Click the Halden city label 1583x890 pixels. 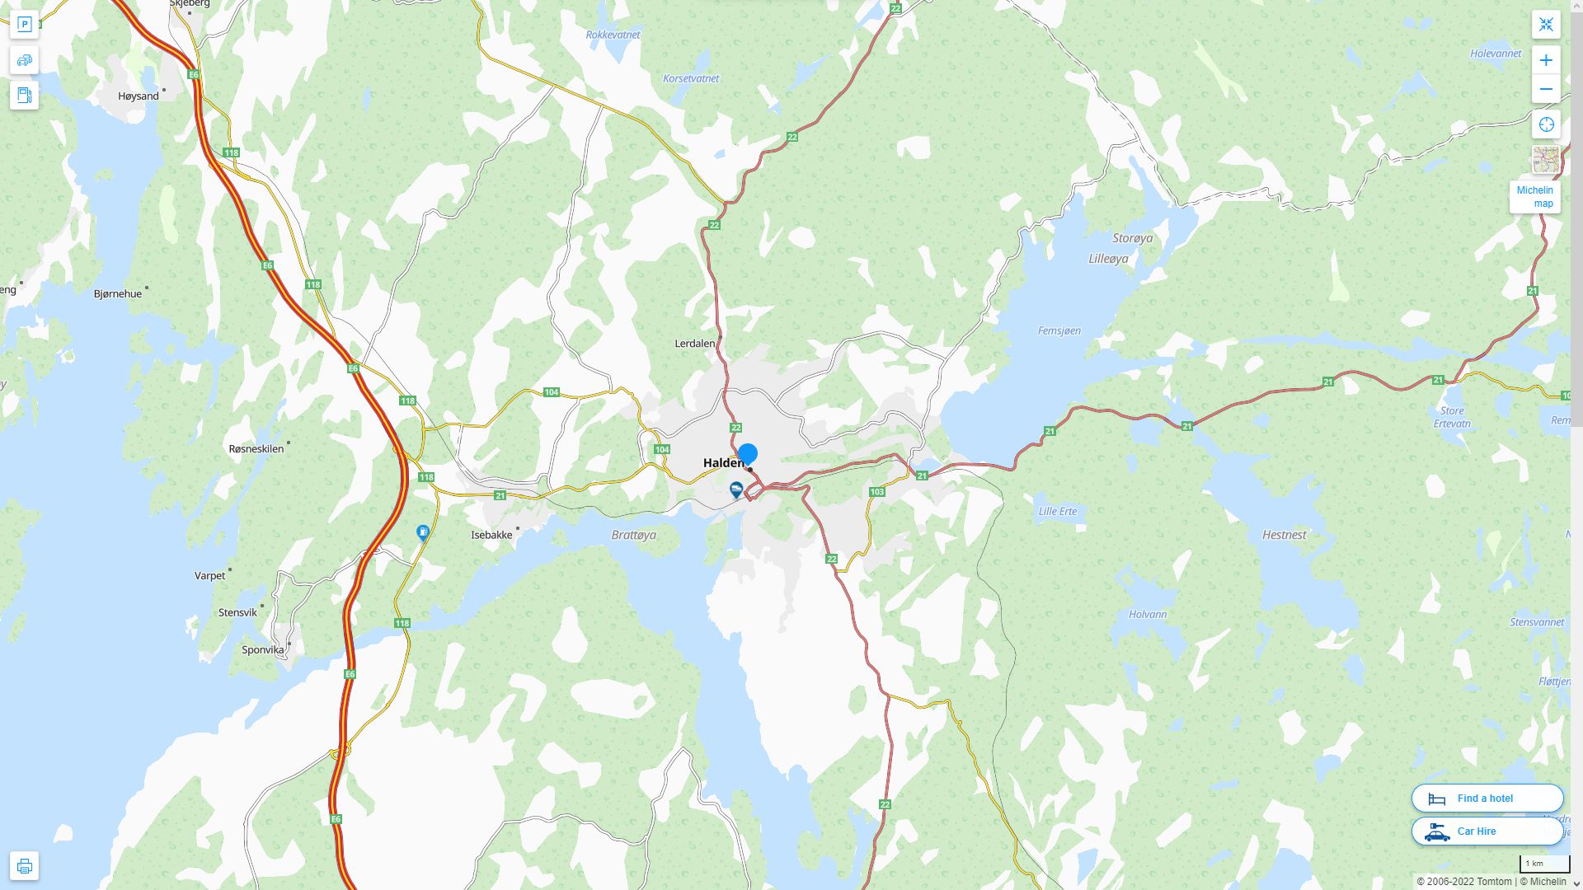click(x=723, y=463)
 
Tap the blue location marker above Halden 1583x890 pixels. click(x=748, y=454)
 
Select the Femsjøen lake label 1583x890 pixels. click(x=1059, y=330)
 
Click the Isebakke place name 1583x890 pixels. click(x=491, y=535)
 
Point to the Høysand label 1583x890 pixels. click(x=139, y=96)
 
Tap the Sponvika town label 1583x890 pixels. click(x=263, y=649)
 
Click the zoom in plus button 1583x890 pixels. click(x=1546, y=60)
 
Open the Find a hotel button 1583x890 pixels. click(x=1487, y=798)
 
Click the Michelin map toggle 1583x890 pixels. click(x=1534, y=196)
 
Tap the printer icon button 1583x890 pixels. click(x=24, y=865)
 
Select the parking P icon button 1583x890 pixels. click(x=24, y=24)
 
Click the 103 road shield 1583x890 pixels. click(x=876, y=492)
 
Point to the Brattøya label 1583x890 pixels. click(x=634, y=535)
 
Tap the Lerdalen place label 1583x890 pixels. click(x=695, y=343)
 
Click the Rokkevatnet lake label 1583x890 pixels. click(x=613, y=35)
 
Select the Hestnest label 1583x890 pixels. click(x=1284, y=535)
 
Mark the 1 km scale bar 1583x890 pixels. click(x=1544, y=864)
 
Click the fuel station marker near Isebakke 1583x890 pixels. click(x=423, y=533)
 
